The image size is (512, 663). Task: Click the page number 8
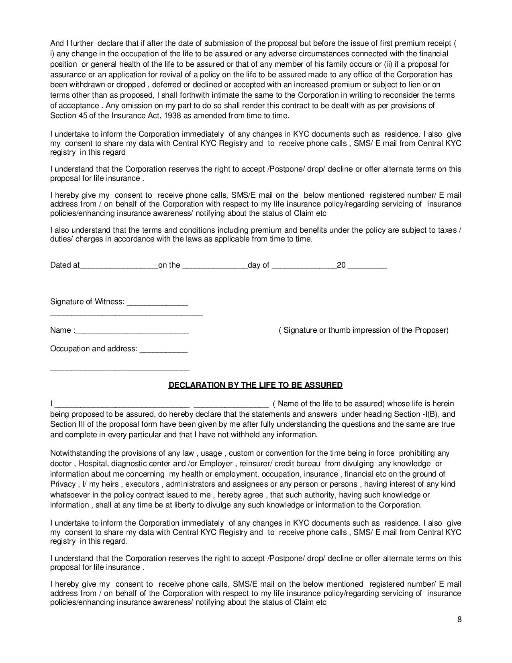pyautogui.click(x=459, y=619)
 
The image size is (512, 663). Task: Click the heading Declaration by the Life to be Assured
pyautogui.click(x=255, y=385)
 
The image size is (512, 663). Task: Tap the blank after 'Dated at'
pyautogui.click(x=119, y=266)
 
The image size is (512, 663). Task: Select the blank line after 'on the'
pyautogui.click(x=215, y=266)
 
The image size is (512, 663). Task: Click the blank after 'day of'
pyautogui.click(x=304, y=266)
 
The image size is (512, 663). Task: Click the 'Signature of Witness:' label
pyautogui.click(x=87, y=302)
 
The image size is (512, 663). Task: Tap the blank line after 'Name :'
pyautogui.click(x=132, y=331)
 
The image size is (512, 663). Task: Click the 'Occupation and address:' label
pyautogui.click(x=94, y=348)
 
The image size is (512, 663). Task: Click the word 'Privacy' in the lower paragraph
pyautogui.click(x=63, y=484)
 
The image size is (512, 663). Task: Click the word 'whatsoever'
pyautogui.click(x=68, y=495)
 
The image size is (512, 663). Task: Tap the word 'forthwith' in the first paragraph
pyautogui.click(x=195, y=95)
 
